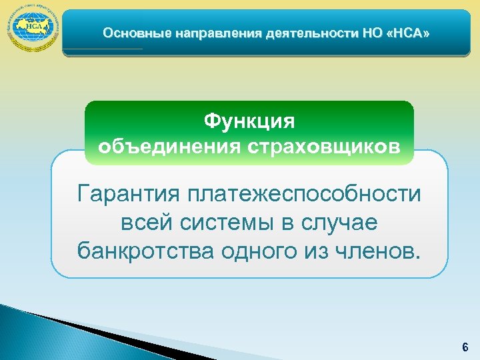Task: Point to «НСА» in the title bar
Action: pos(411,33)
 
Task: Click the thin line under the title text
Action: pos(104,49)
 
